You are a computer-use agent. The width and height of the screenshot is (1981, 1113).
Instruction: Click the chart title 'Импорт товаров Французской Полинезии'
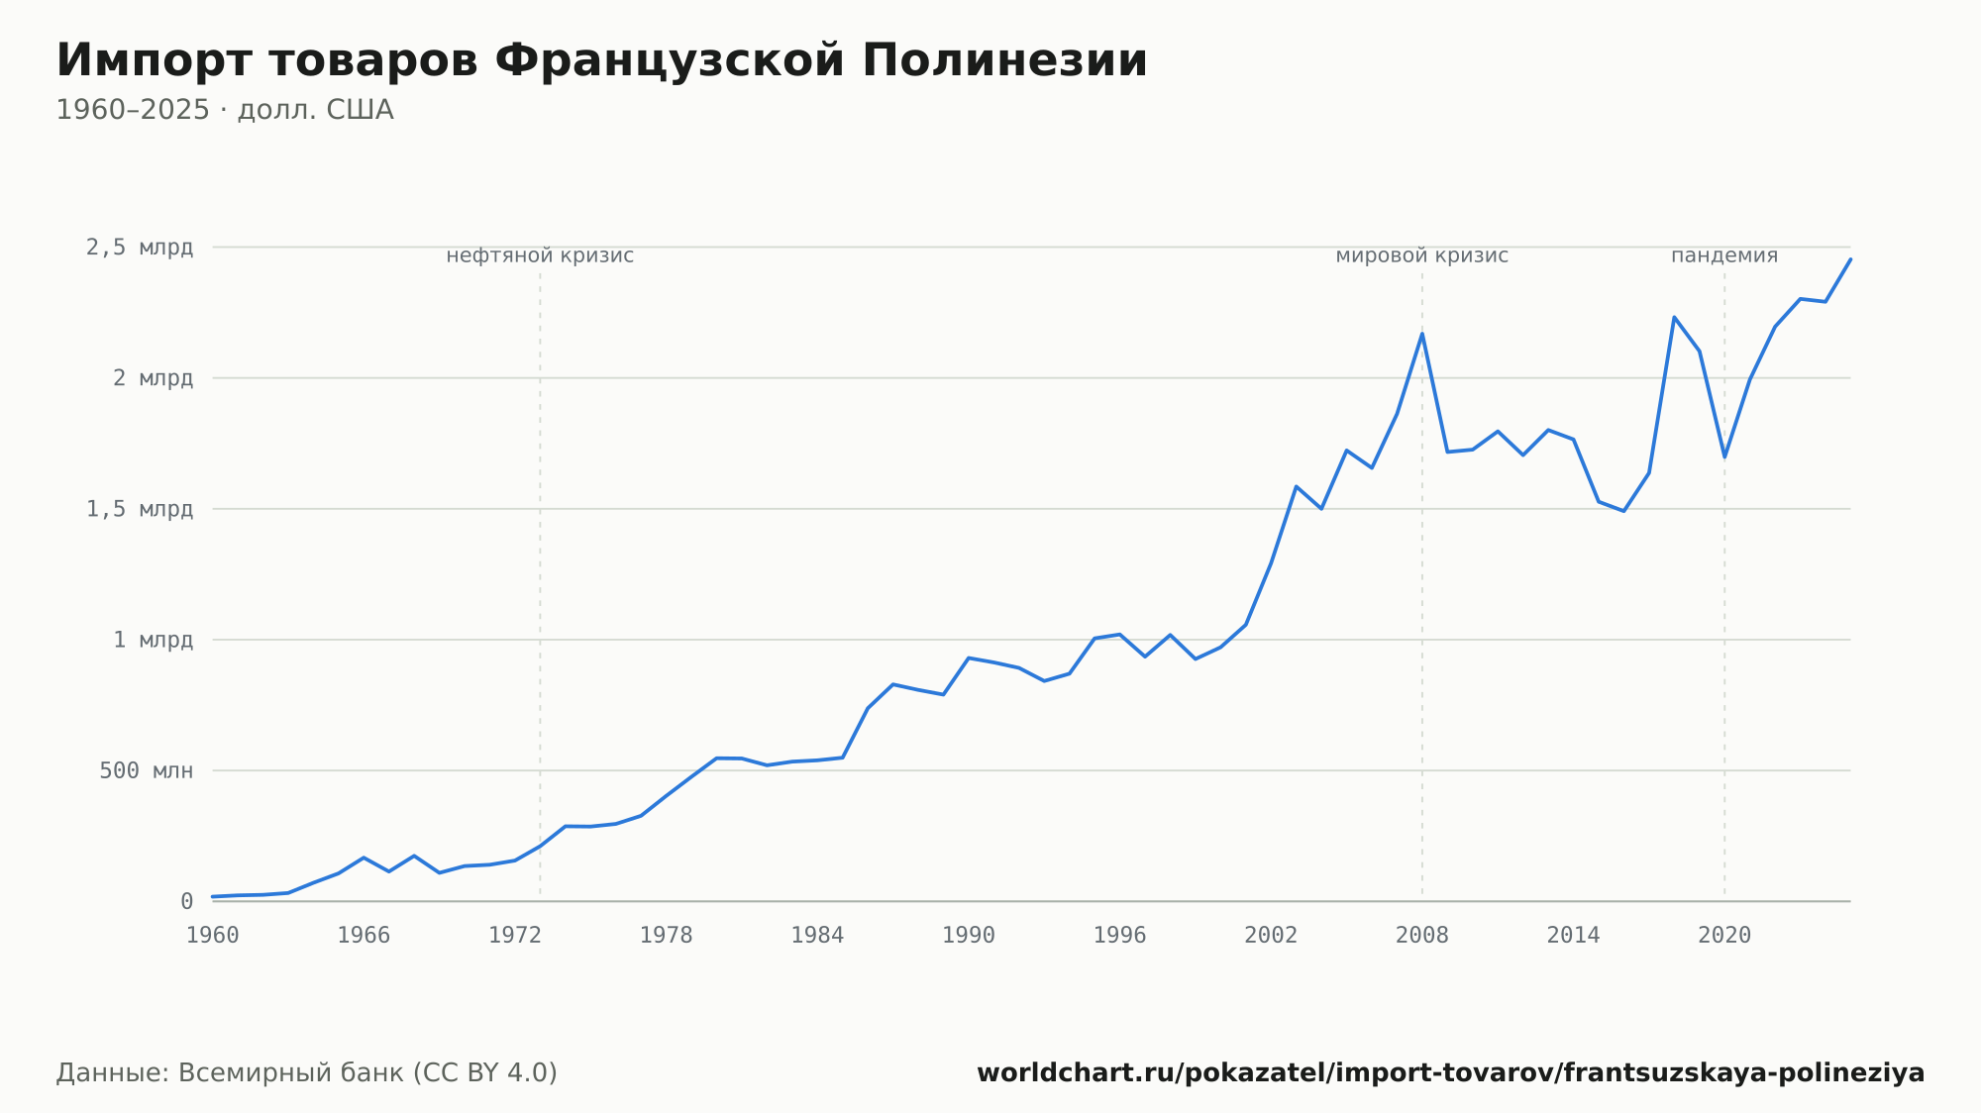coord(601,61)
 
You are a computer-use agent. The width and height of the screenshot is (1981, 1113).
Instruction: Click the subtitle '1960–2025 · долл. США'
coord(225,110)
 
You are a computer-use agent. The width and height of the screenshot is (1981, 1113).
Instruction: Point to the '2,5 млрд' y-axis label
coord(140,248)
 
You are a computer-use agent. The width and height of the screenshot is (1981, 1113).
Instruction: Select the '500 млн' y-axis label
coord(146,770)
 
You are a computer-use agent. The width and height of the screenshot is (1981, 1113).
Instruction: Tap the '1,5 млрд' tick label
coord(140,509)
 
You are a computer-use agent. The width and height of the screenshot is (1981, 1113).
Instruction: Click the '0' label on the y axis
coord(187,901)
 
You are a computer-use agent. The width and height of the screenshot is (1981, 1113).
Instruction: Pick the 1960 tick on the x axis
coord(213,936)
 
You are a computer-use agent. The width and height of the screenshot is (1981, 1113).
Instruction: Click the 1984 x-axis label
coord(817,936)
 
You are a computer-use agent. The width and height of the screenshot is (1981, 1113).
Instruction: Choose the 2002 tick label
coord(1271,936)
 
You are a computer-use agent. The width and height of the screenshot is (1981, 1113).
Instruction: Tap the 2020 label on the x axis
coord(1724,936)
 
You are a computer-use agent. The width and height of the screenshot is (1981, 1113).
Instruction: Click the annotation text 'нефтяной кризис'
coord(540,255)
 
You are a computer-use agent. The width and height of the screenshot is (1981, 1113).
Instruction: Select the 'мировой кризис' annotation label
coord(1422,255)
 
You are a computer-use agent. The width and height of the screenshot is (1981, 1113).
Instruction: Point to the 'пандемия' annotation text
coord(1724,255)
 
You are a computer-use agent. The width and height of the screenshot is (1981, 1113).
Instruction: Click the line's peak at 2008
coord(1422,334)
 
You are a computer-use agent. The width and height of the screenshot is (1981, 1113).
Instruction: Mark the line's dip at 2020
coord(1724,456)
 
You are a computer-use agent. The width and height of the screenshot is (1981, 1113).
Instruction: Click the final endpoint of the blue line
coord(1850,259)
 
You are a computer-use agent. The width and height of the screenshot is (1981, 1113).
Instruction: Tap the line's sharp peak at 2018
coord(1674,317)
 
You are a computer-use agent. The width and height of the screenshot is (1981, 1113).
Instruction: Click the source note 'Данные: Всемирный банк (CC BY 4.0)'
coord(307,1072)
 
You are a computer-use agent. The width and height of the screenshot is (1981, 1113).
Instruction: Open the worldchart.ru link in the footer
coord(1451,1072)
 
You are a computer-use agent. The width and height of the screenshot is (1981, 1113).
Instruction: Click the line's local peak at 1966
coord(364,858)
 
